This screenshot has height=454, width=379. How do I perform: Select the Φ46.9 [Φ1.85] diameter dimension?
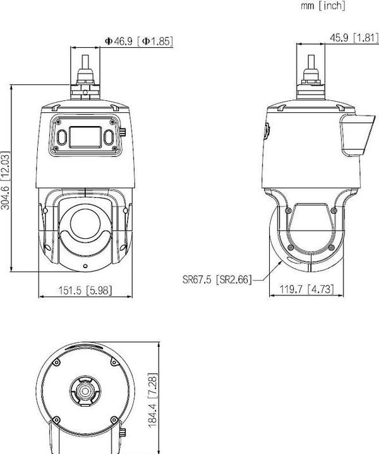coord(138,41)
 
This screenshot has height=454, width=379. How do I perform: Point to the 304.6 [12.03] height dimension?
coord(6,180)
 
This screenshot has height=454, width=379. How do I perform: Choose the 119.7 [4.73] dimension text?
coord(306,290)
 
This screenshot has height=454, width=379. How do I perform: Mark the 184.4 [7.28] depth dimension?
coord(152,399)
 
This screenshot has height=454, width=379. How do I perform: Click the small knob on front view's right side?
coord(124,133)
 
